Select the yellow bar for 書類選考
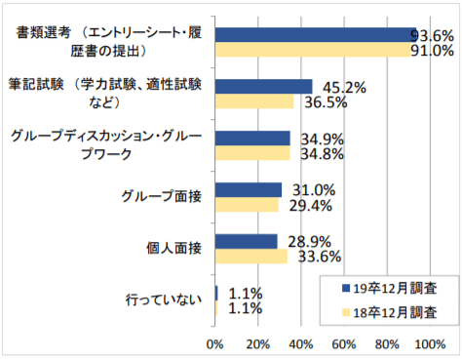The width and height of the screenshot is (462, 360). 313,50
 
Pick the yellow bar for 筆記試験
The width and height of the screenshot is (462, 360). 254,101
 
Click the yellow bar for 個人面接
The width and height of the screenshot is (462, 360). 251,257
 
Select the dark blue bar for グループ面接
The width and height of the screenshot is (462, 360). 249,190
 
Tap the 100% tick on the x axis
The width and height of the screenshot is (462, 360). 426,343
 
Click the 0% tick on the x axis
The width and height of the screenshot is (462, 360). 216,343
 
